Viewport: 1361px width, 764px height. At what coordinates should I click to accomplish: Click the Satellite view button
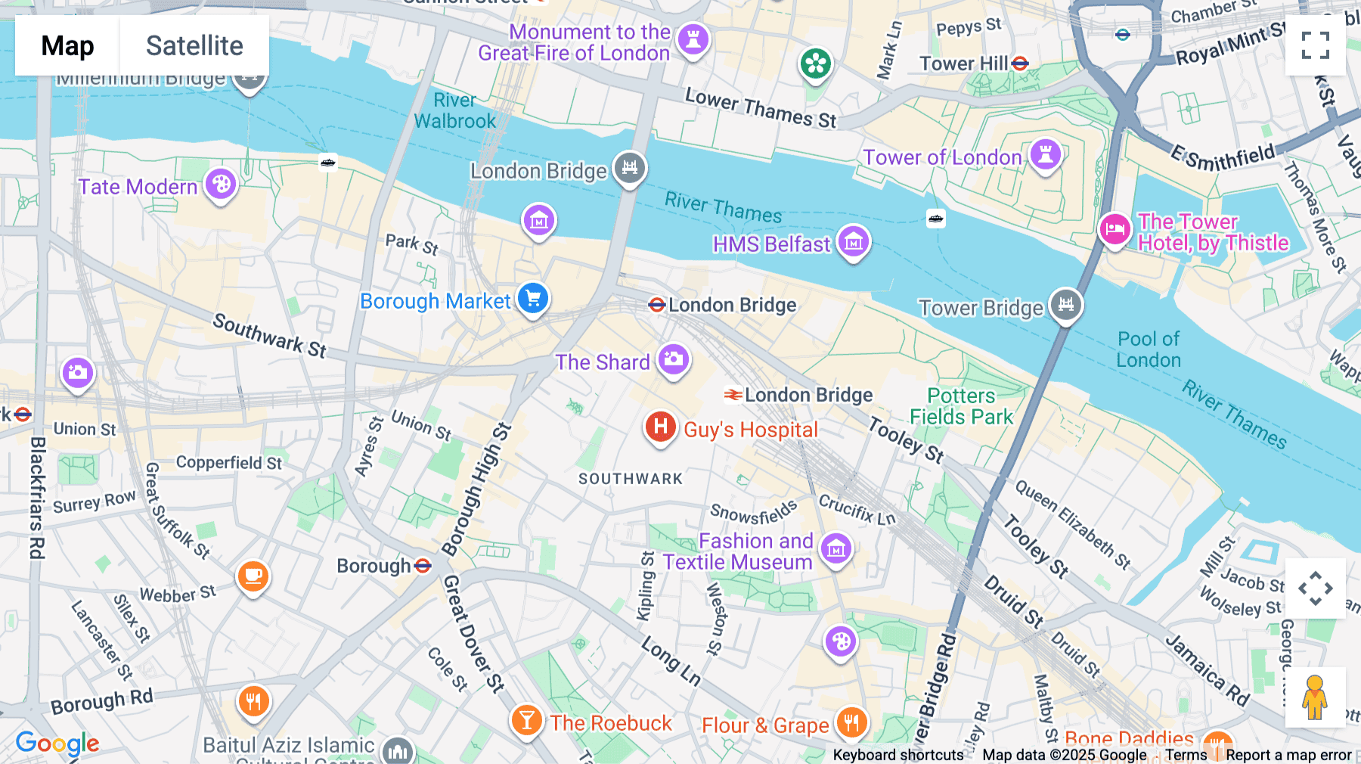click(x=194, y=45)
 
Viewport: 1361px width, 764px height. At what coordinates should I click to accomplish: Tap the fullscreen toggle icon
click(x=1315, y=45)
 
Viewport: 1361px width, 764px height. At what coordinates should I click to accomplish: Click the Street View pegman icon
click(x=1315, y=697)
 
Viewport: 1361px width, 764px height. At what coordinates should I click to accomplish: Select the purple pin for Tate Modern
click(x=221, y=184)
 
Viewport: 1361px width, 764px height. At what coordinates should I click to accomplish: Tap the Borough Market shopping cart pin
click(x=533, y=298)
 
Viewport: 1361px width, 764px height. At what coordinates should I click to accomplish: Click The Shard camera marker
click(x=673, y=359)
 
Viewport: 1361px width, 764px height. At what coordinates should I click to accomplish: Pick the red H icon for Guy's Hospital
click(x=660, y=427)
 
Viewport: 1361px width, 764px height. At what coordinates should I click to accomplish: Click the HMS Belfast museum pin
click(x=854, y=242)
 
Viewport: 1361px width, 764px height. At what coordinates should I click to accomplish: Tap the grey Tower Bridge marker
click(x=1066, y=305)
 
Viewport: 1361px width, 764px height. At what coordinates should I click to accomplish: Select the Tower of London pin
click(x=1046, y=154)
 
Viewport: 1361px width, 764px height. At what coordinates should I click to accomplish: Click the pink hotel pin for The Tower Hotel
click(x=1115, y=228)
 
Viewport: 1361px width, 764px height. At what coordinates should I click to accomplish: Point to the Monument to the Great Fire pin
click(x=693, y=39)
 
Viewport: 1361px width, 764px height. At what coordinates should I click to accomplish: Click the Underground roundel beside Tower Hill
click(x=1020, y=64)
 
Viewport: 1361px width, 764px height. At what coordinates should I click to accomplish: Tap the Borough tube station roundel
click(x=423, y=566)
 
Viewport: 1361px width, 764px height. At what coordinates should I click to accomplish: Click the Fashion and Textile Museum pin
click(x=836, y=549)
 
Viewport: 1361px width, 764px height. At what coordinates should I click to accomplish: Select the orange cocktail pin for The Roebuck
click(x=526, y=719)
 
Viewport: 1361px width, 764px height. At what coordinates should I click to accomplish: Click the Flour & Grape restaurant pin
click(x=851, y=722)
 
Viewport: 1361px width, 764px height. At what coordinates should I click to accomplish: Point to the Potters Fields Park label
click(x=961, y=406)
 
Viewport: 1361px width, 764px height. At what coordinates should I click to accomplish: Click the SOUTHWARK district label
click(x=630, y=479)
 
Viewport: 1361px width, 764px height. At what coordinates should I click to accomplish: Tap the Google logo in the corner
click(x=57, y=744)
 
